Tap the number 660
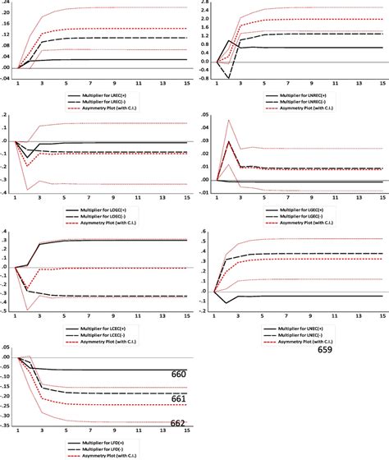pyautogui.click(x=178, y=374)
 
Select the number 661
pyautogui.click(x=178, y=398)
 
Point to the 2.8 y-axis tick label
pyautogui.click(x=204, y=4)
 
